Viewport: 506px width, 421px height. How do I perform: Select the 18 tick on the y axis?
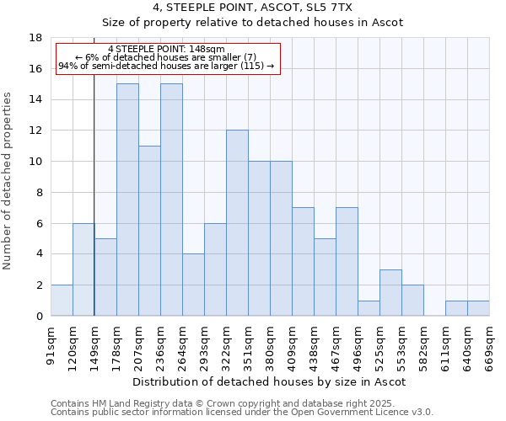[x=35, y=38]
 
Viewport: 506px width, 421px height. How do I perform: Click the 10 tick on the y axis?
[x=35, y=162]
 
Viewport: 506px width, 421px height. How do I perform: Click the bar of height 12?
[x=237, y=223]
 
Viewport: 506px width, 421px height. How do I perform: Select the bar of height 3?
[x=390, y=293]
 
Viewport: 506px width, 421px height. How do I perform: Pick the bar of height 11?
[x=149, y=231]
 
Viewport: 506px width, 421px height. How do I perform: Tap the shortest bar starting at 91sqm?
[x=62, y=301]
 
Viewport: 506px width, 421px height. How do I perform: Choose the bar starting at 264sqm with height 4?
[x=193, y=285]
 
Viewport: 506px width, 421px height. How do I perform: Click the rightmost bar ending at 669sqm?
[x=478, y=308]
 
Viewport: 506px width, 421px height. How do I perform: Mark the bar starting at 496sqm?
[x=369, y=308]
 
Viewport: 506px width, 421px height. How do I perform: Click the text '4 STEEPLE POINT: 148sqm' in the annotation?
[x=166, y=50]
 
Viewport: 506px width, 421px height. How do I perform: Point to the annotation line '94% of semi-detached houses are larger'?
[x=166, y=66]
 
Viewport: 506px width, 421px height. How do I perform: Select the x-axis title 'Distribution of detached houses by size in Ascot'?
[x=270, y=381]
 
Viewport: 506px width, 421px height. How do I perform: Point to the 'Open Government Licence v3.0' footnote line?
[x=242, y=412]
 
